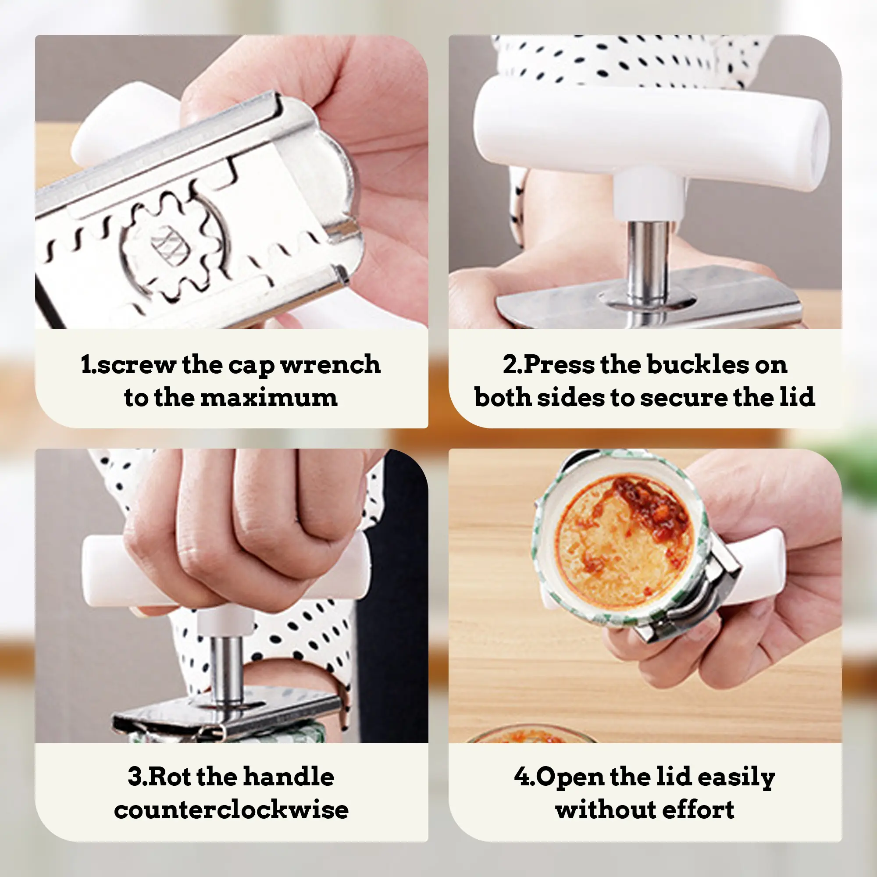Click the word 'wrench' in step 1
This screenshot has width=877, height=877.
pyautogui.click(x=331, y=364)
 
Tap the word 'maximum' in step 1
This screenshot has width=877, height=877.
pyautogui.click(x=269, y=397)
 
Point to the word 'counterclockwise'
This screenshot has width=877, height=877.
pyautogui.click(x=232, y=810)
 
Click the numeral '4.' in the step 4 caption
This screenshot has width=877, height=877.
pyautogui.click(x=524, y=777)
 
